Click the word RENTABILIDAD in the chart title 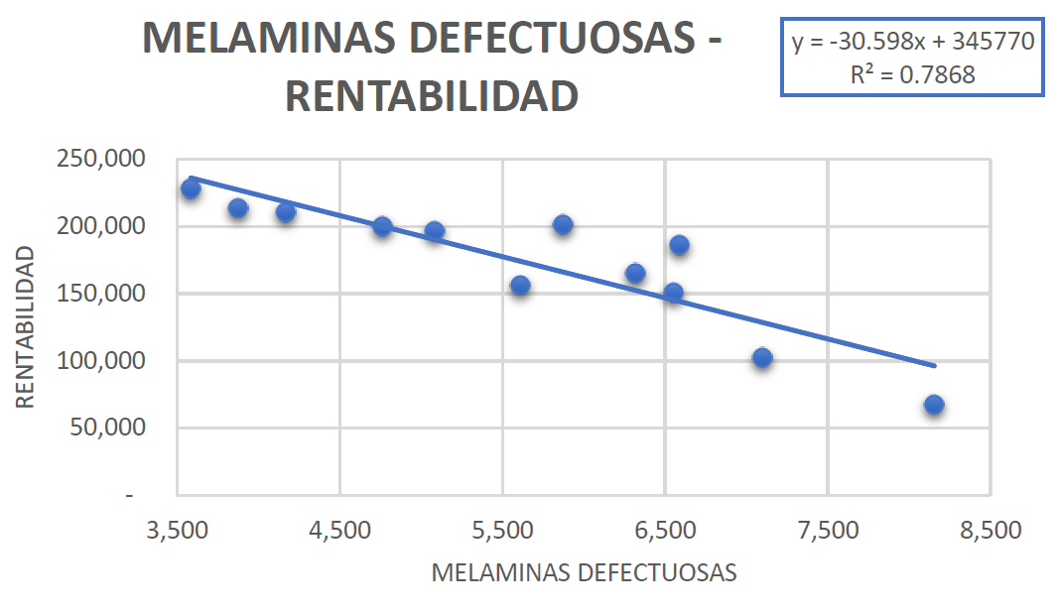click(x=432, y=97)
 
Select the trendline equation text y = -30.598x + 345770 click(x=913, y=43)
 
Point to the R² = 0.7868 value click(x=913, y=74)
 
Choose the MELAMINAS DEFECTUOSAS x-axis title click(x=584, y=573)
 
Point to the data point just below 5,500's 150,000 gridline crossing click(x=520, y=286)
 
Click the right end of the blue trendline click(x=934, y=365)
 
